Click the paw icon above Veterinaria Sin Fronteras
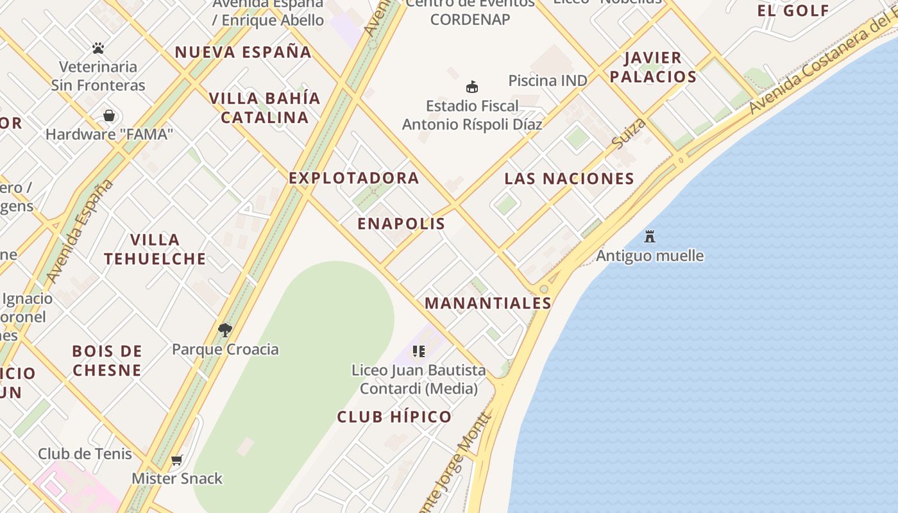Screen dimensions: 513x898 [98, 48]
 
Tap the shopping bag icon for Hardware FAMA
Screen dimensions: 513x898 [109, 115]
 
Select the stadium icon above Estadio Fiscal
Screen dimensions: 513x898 [472, 87]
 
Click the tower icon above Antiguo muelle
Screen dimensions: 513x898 [650, 236]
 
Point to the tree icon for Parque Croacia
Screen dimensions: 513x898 [224, 330]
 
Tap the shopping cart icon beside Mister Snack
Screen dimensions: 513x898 [177, 460]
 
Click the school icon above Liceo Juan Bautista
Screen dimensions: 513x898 [418, 351]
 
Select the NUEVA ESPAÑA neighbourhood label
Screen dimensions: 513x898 [243, 53]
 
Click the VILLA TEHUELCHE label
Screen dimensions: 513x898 [155, 249]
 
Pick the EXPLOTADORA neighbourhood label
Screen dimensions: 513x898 [354, 178]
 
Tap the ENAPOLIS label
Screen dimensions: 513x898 [401, 224]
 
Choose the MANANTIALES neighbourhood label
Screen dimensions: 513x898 [488, 303]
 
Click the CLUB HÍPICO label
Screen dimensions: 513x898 [394, 417]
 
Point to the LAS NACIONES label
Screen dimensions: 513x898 [569, 179]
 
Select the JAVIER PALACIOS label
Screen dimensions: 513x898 [653, 67]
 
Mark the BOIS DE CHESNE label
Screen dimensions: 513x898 [107, 360]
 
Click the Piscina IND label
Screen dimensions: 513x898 [547, 81]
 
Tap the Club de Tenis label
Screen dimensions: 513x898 [85, 454]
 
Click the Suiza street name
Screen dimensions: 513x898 [628, 133]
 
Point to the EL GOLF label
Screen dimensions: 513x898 [793, 10]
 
